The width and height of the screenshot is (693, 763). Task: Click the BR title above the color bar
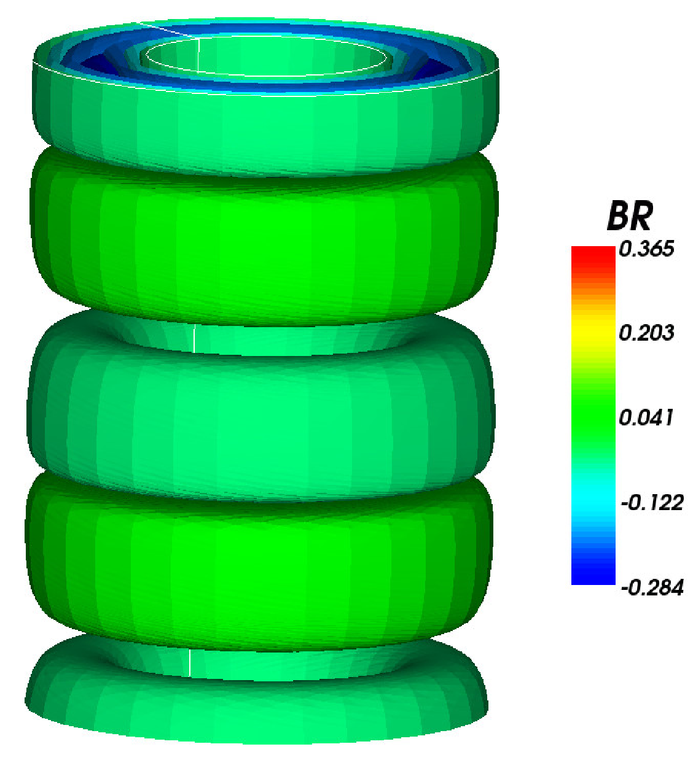[630, 216]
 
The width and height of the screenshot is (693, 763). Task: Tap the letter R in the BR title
[642, 216]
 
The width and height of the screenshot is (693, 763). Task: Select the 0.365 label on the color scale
[646, 249]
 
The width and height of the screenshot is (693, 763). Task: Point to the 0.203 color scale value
[646, 333]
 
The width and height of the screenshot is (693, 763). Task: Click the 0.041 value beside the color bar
[646, 418]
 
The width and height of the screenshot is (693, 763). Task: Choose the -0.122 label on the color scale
[652, 503]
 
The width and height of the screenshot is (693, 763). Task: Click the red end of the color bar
[593, 255]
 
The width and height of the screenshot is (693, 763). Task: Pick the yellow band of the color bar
[593, 335]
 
